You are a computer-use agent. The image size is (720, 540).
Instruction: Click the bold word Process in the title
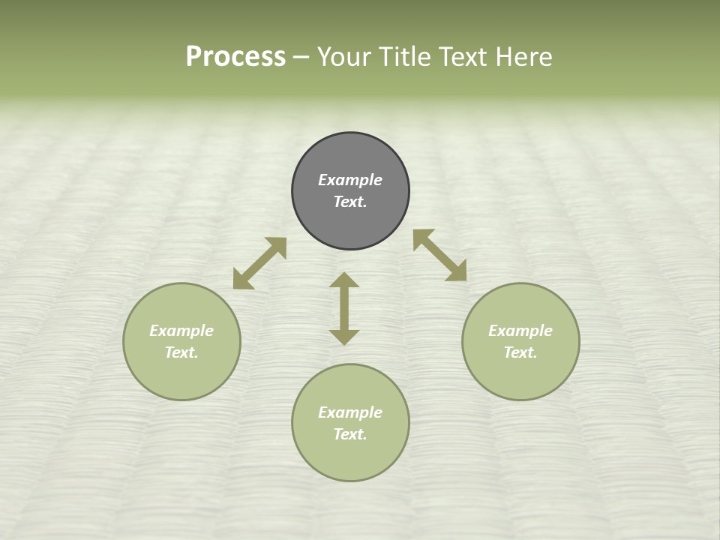235,56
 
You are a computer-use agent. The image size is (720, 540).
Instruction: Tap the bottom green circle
350,457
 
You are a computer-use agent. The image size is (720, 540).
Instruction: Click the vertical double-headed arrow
344,308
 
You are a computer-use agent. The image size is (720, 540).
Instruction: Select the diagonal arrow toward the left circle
259,263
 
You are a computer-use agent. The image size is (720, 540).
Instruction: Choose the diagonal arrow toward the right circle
440,255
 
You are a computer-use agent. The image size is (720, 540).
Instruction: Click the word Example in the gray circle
350,180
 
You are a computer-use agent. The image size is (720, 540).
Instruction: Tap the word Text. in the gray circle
350,202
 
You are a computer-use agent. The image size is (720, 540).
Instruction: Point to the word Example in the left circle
181,331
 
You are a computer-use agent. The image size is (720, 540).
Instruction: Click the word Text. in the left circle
181,352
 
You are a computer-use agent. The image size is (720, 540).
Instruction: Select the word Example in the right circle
520,331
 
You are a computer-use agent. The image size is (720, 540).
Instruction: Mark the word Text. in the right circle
520,352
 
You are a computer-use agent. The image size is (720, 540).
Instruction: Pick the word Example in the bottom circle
350,412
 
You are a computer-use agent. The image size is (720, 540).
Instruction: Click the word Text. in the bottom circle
350,434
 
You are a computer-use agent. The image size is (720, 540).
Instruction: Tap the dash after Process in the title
301,57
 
